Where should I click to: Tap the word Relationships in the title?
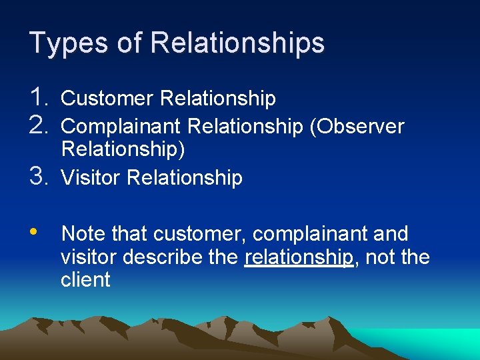pyautogui.click(x=237, y=43)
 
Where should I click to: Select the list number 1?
pyautogui.click(x=41, y=98)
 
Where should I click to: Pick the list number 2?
pyautogui.click(x=41, y=125)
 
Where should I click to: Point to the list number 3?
pyautogui.click(x=41, y=177)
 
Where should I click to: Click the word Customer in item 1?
pyautogui.click(x=107, y=99)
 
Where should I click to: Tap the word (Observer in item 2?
pyautogui.click(x=357, y=126)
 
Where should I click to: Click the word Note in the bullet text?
pyautogui.click(x=83, y=234)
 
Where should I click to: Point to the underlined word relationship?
pyautogui.click(x=298, y=257)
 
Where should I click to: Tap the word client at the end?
pyautogui.click(x=85, y=279)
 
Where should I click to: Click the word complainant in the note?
pyautogui.click(x=309, y=234)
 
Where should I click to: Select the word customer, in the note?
pyautogui.click(x=199, y=234)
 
